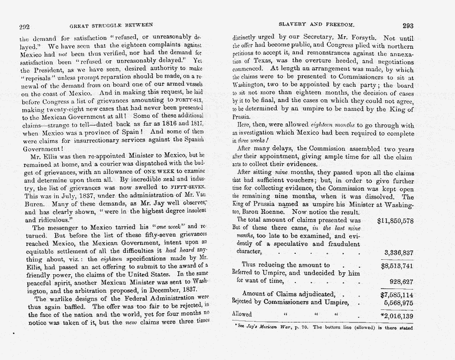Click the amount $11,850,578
[x=396, y=220]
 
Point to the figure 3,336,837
[x=399, y=252]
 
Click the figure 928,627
[x=403, y=281]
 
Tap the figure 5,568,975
[x=399, y=302]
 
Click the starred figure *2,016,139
[x=396, y=316]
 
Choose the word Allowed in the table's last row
[x=242, y=314]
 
